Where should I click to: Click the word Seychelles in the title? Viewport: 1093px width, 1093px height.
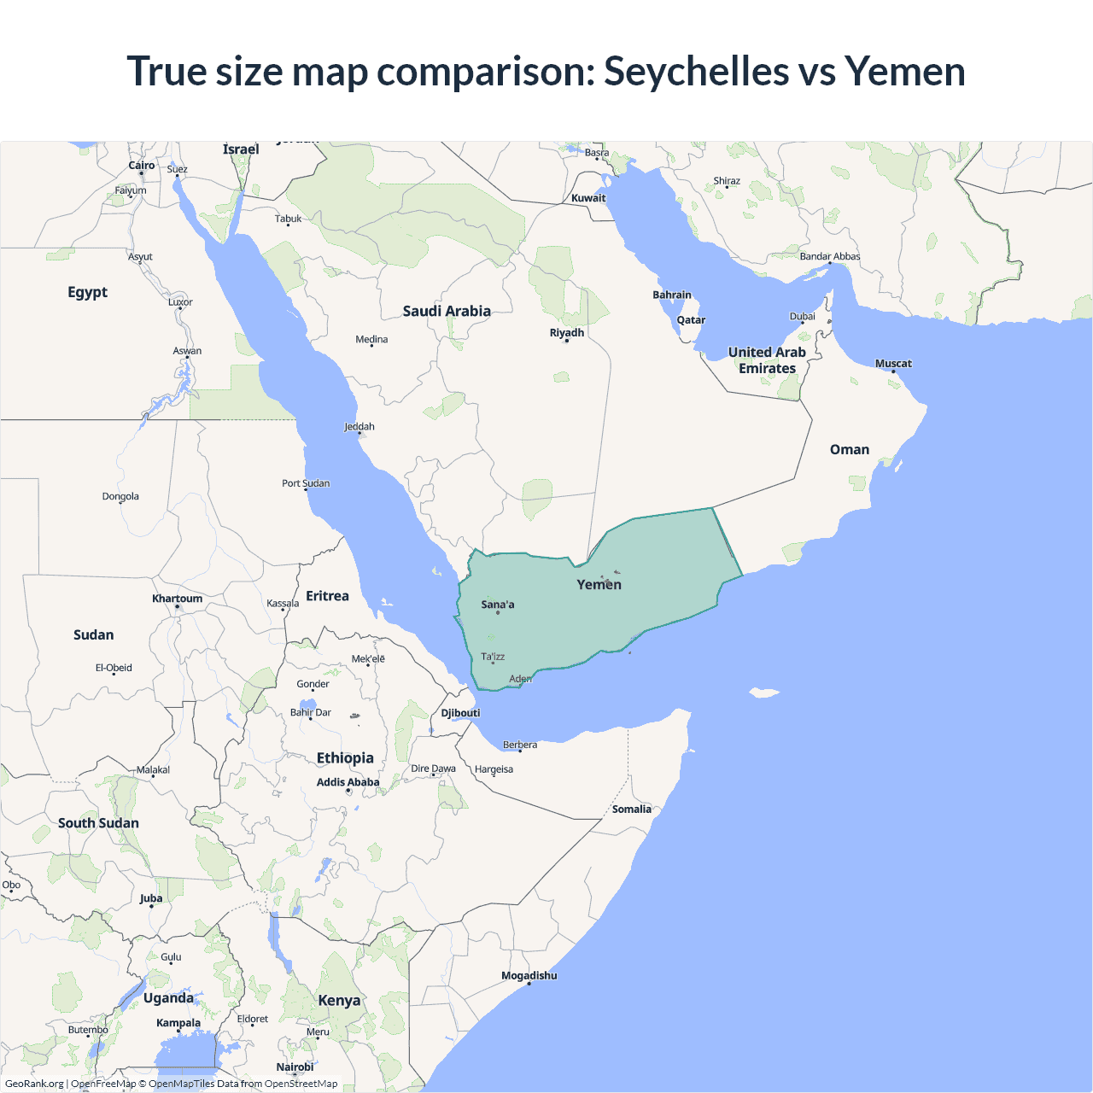click(x=696, y=71)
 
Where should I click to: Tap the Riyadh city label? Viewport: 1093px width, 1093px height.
click(x=567, y=332)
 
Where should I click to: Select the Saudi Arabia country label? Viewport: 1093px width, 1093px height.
click(x=447, y=311)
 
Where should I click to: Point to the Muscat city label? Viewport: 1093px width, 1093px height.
click(x=893, y=364)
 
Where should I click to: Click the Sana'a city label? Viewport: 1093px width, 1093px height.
click(x=498, y=605)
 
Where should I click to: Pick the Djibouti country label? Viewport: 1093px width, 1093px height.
click(x=460, y=713)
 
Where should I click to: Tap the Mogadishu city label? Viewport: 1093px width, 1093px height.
click(x=529, y=975)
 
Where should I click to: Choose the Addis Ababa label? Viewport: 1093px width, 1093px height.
click(x=348, y=782)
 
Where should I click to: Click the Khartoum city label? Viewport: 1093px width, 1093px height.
click(x=178, y=599)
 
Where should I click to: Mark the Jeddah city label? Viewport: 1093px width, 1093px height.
click(x=359, y=426)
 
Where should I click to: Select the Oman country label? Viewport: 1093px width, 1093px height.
click(x=850, y=449)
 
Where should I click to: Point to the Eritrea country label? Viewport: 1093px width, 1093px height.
click(x=327, y=596)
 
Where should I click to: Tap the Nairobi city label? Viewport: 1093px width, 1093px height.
click(x=295, y=1067)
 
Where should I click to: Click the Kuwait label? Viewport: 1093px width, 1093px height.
click(x=588, y=198)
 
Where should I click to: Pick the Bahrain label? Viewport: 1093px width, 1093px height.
click(x=672, y=295)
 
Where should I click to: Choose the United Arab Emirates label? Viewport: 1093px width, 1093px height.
click(x=767, y=360)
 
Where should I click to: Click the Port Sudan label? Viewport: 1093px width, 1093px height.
click(x=306, y=483)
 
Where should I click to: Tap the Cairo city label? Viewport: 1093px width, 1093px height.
click(x=142, y=166)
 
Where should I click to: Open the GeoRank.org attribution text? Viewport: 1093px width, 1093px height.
click(x=34, y=1084)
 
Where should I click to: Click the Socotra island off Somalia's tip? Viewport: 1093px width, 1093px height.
click(x=763, y=693)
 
